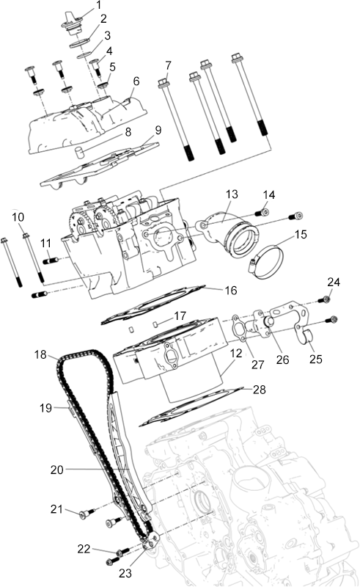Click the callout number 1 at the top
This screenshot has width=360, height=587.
[x=98, y=5]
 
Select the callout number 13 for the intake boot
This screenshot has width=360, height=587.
[x=232, y=194]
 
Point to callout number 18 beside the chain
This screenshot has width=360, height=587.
[x=40, y=354]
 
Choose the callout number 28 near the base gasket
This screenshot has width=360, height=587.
[x=260, y=390]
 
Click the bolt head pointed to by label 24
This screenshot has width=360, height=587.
[x=325, y=299]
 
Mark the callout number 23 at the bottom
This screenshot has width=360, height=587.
[x=125, y=573]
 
